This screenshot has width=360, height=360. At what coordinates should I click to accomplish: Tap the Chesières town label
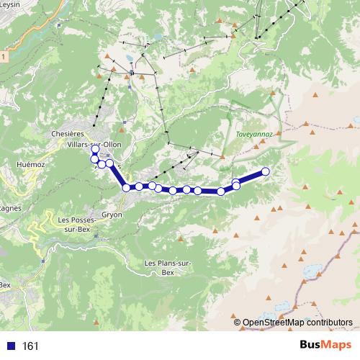pos(68,133)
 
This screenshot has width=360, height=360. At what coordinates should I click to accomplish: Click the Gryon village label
pos(112,215)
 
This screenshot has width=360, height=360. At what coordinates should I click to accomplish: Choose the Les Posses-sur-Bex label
pos(73,224)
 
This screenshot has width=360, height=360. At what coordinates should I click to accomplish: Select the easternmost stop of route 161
pos(265,171)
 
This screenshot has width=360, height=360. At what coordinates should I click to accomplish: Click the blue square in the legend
pos(11,346)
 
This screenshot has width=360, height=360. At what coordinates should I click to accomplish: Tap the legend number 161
pos(31,346)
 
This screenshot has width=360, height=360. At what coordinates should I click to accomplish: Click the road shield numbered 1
pos(3,55)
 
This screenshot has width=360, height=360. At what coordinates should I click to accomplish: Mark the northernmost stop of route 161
pos(94,150)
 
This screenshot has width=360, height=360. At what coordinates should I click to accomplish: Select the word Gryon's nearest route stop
pos(126,188)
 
